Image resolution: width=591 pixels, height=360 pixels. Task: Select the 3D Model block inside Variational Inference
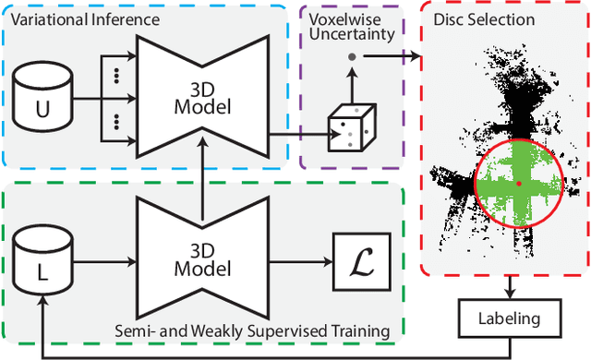199,95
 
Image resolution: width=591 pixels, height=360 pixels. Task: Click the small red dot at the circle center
518,184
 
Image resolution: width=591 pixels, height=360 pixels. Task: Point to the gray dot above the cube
351,57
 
